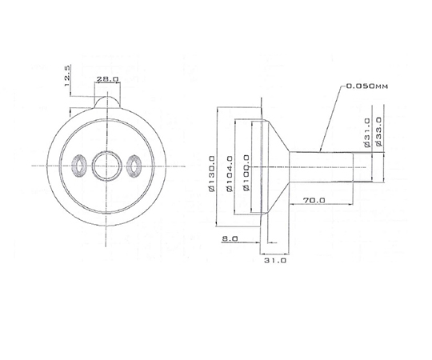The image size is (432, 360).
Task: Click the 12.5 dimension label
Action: tap(67, 75)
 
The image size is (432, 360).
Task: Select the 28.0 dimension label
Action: tap(107, 79)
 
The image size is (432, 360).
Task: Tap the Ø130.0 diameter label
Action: tap(211, 174)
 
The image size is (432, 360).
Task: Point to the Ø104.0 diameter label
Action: tap(230, 174)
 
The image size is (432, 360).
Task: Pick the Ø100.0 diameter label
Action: tap(246, 173)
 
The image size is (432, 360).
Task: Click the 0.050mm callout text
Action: tap(366, 86)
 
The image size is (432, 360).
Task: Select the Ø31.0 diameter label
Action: tap(367, 133)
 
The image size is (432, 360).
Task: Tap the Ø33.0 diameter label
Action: tap(378, 131)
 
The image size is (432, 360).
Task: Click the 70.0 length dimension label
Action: tap(314, 200)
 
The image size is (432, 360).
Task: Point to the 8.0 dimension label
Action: tap(230, 239)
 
